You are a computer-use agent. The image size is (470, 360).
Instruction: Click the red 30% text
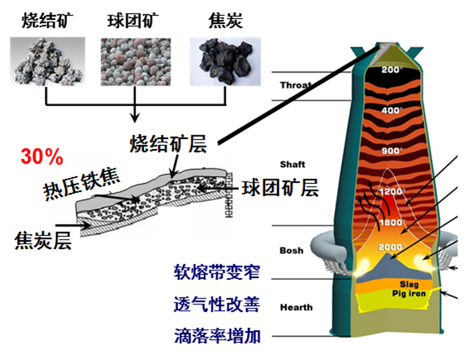42,157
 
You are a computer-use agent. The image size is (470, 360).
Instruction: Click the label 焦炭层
42,240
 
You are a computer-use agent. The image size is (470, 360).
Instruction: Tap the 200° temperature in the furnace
392,70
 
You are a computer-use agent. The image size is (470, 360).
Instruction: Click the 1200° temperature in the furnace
392,192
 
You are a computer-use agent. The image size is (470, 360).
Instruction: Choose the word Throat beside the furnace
295,86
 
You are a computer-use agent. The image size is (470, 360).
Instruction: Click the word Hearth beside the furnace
296,307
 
